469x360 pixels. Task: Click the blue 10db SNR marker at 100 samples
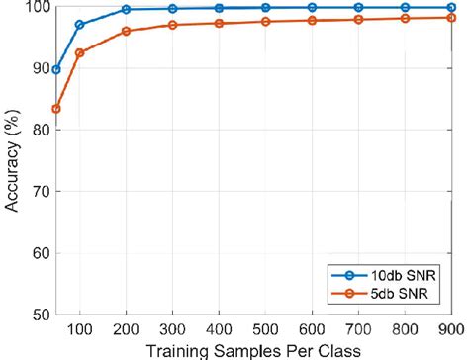tap(80, 24)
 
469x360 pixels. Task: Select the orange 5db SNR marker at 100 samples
tap(80, 52)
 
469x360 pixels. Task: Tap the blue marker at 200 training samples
tap(126, 9)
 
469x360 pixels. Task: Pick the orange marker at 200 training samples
tap(126, 31)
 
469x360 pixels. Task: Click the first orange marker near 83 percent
tap(57, 108)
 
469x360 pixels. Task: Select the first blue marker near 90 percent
tap(57, 69)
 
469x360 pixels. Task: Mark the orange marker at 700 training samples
tap(359, 19)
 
